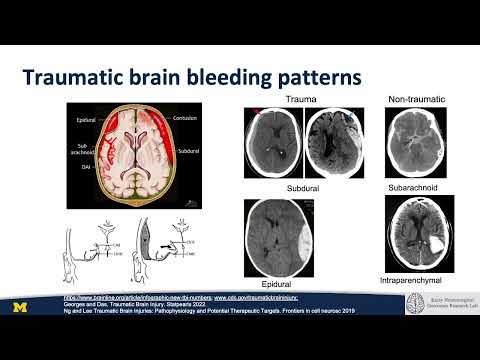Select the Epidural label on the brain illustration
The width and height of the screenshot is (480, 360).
(85, 120)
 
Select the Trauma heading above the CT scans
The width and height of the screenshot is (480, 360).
(301, 100)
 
